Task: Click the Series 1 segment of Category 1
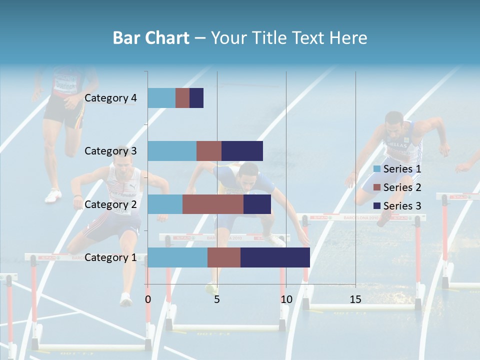pyautogui.click(x=177, y=257)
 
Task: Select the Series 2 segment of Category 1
pyautogui.click(x=224, y=257)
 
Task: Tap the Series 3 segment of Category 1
pyautogui.click(x=275, y=257)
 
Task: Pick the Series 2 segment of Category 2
pyautogui.click(x=213, y=204)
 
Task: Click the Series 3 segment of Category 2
pyautogui.click(x=257, y=204)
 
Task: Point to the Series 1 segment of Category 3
pyautogui.click(x=172, y=151)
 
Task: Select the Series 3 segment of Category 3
pyautogui.click(x=242, y=151)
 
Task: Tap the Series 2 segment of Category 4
pyautogui.click(x=182, y=98)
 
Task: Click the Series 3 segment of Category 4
pyautogui.click(x=196, y=98)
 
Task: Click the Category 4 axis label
pyautogui.click(x=110, y=98)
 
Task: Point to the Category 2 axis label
pyautogui.click(x=110, y=204)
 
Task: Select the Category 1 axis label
pyautogui.click(x=110, y=257)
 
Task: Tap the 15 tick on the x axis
pyautogui.click(x=355, y=299)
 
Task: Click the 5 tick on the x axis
pyautogui.click(x=217, y=299)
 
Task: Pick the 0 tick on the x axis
pyautogui.click(x=148, y=299)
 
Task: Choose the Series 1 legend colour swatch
pyautogui.click(x=376, y=169)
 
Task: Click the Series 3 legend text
pyautogui.click(x=402, y=206)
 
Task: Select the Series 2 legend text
pyautogui.click(x=402, y=187)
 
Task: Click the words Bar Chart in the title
pyautogui.click(x=151, y=37)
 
